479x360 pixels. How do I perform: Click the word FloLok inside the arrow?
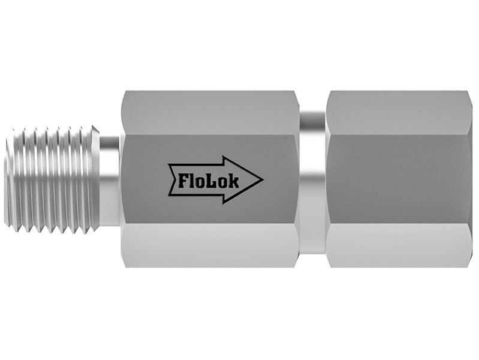209,181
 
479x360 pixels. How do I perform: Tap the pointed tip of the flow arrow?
263,179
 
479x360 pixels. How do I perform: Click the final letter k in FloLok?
234,181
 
